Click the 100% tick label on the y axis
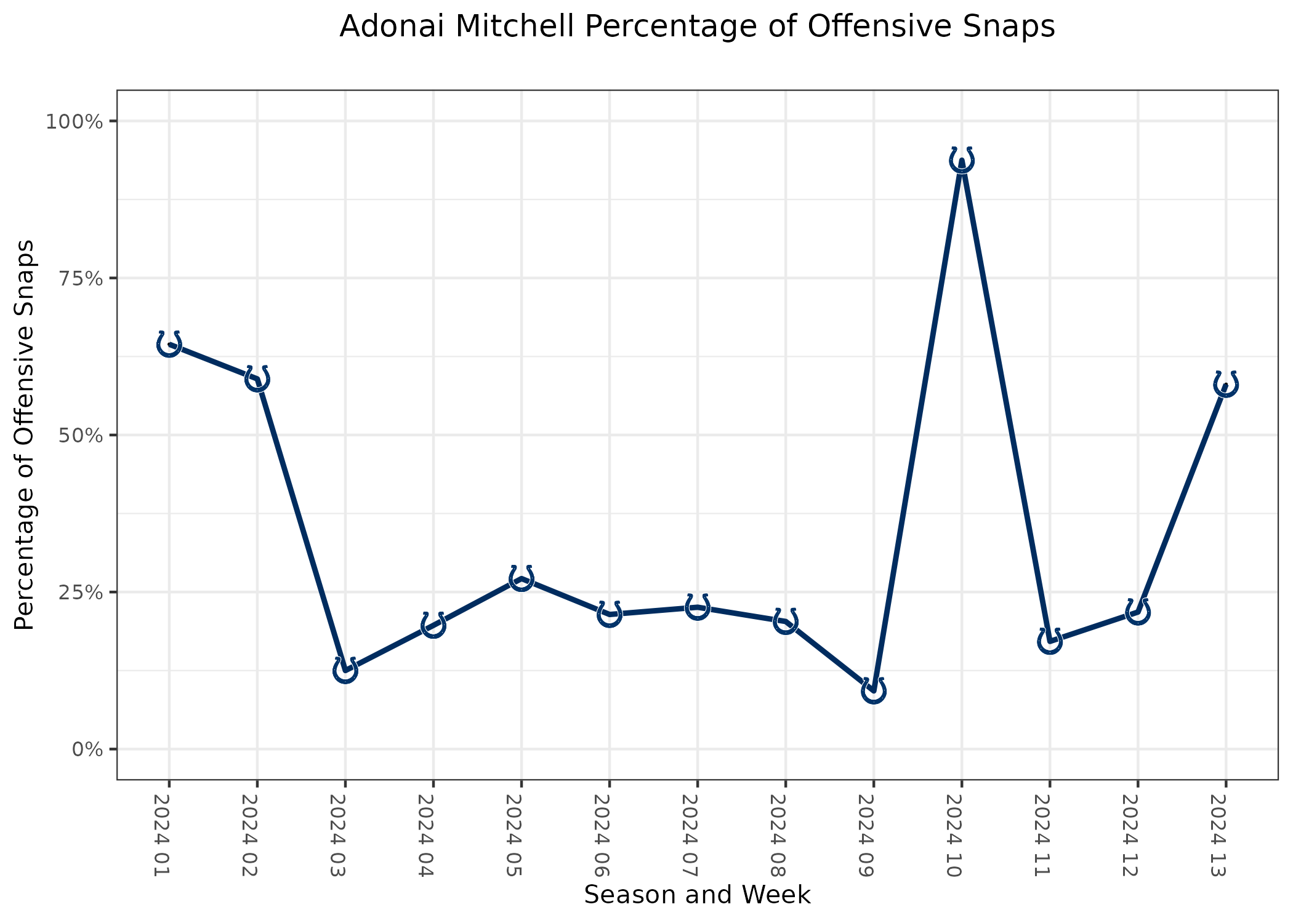(x=73, y=121)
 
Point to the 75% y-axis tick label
(x=79, y=278)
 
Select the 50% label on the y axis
(x=79, y=435)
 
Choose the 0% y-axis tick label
(x=86, y=749)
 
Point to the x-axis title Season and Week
(x=697, y=895)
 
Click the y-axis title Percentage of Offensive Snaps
(x=25, y=435)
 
